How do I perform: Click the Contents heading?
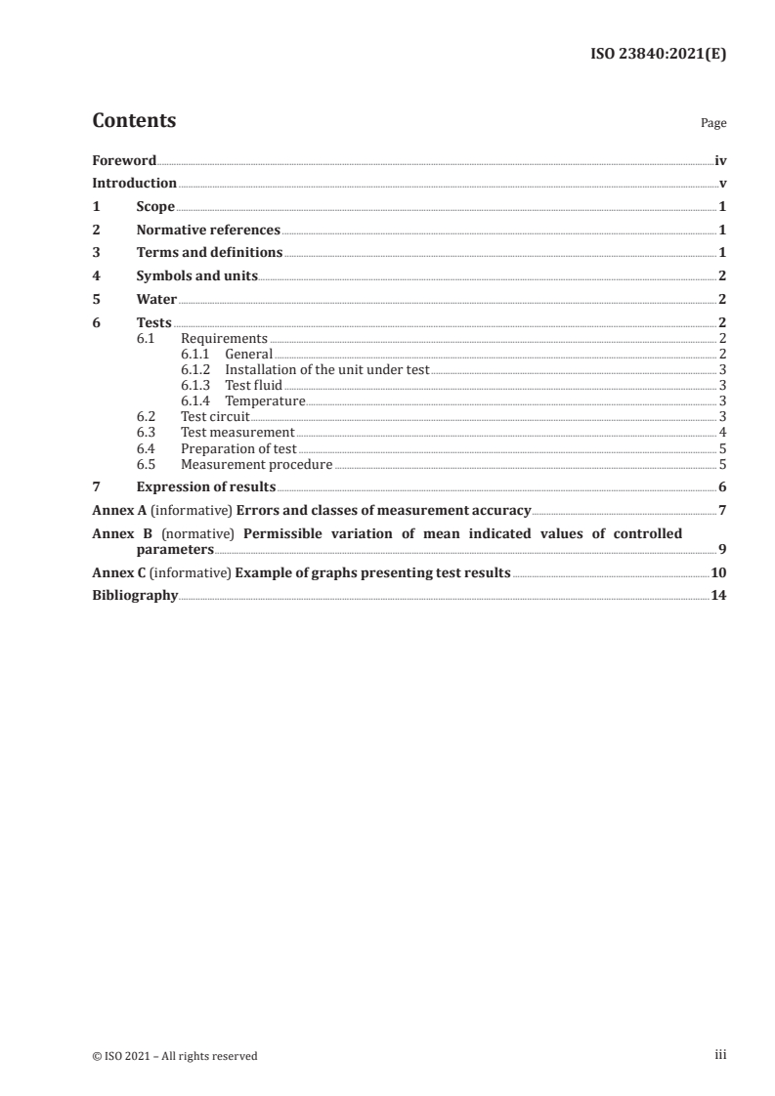(134, 121)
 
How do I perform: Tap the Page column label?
(713, 124)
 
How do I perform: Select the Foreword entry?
(124, 160)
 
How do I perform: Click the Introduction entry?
(134, 183)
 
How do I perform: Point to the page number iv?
(720, 160)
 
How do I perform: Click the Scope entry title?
(155, 207)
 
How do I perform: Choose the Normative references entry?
(208, 231)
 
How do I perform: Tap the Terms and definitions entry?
(209, 253)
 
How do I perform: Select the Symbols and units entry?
(196, 276)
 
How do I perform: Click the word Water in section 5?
(156, 299)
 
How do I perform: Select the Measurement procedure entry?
(256, 464)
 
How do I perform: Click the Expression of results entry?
(205, 486)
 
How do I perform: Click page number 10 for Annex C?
(718, 572)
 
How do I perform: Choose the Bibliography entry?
(135, 595)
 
